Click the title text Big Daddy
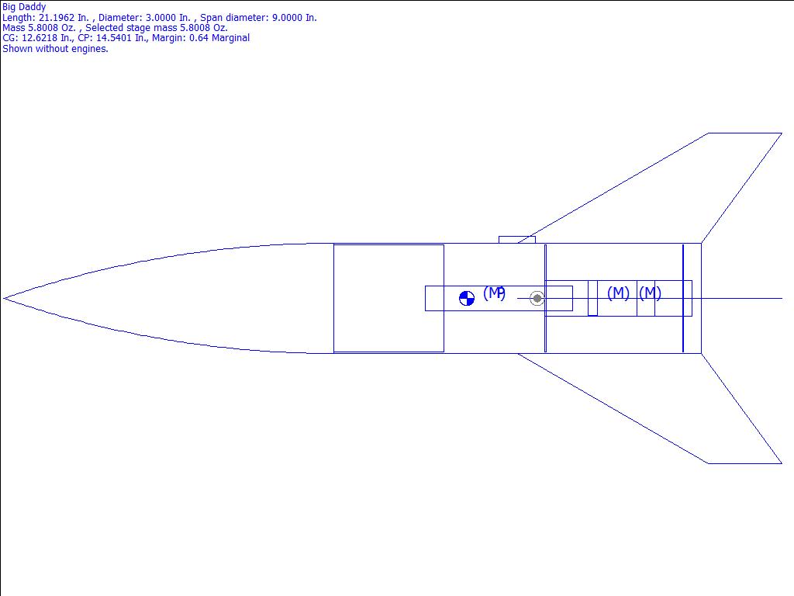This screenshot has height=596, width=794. (24, 7)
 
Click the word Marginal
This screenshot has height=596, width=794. (230, 38)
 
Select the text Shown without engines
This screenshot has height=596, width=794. (55, 49)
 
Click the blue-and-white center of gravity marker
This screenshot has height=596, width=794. (466, 299)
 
